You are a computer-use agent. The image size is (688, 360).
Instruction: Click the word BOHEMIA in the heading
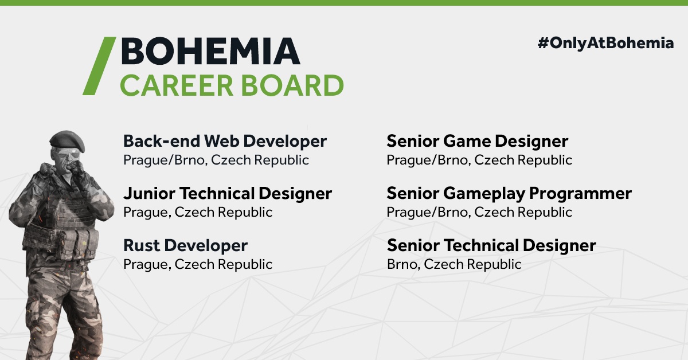[211, 51]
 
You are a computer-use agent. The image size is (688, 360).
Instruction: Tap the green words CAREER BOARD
[232, 85]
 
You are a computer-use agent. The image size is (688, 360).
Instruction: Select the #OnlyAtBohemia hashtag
[605, 44]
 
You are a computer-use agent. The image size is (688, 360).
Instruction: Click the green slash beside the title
[99, 66]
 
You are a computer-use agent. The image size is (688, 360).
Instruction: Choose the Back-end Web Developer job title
[225, 141]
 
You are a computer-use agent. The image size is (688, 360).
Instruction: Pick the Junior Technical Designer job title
[228, 194]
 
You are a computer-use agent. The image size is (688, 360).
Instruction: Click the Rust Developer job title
[186, 246]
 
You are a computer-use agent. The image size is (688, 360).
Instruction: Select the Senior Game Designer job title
[477, 142]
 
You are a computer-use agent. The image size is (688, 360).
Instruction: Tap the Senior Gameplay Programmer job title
[509, 194]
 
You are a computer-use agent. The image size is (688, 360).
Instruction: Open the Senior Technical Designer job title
[491, 246]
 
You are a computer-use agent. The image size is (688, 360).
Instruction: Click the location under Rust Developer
[198, 264]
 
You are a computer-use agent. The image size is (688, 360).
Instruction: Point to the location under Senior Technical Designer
[454, 264]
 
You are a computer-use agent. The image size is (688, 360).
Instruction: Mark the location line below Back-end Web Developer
[216, 160]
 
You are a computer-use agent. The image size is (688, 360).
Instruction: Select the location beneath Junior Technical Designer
[198, 212]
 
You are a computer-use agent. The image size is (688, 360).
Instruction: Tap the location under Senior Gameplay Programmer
[479, 212]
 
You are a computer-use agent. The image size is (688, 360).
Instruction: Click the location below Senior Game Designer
[479, 160]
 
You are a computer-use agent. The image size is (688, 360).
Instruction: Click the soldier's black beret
[67, 140]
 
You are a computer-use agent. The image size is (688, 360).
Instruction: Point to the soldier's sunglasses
[67, 155]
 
